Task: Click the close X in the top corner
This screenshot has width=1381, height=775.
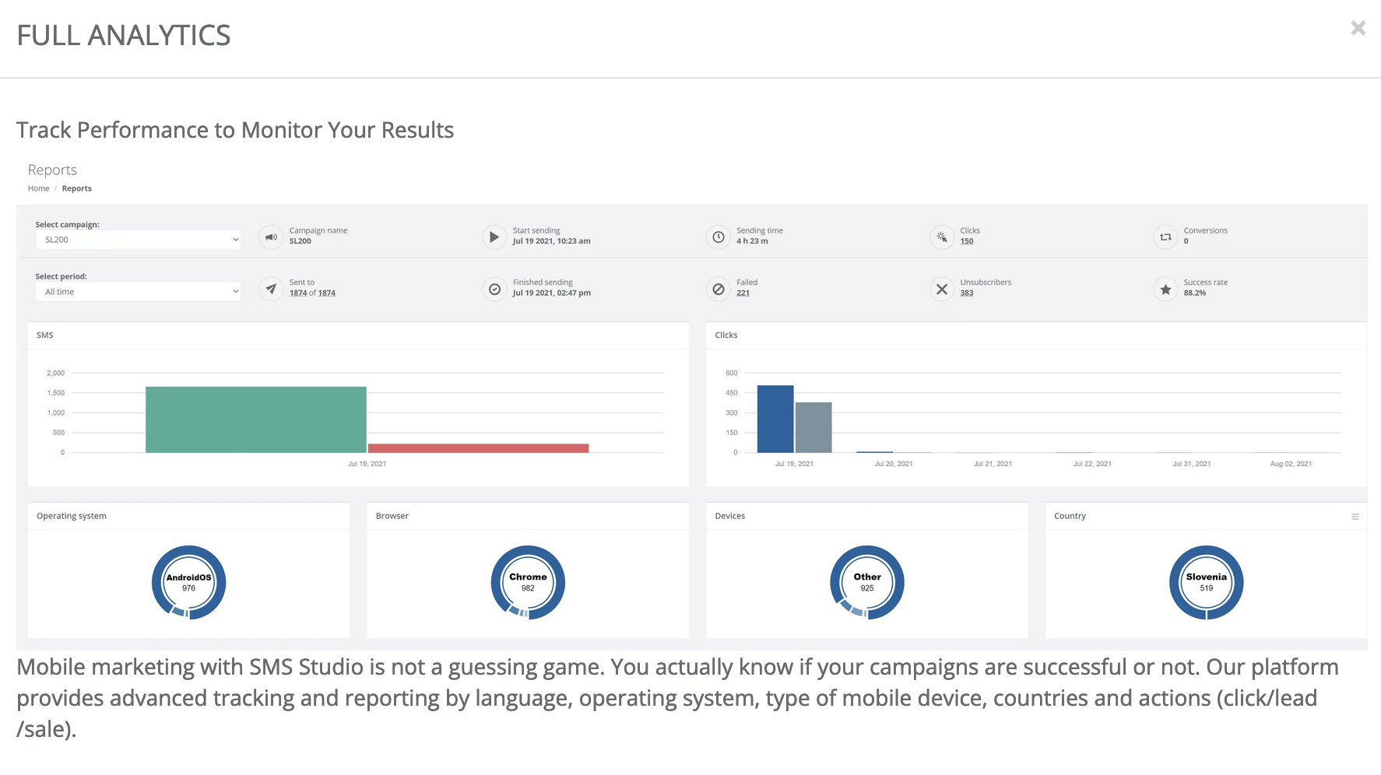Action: (1358, 29)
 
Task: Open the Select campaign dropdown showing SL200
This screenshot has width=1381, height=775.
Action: (138, 240)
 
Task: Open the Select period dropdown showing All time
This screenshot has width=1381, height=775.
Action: (138, 292)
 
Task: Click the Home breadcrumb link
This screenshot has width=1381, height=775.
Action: (38, 188)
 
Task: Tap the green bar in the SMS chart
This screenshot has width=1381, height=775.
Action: (255, 419)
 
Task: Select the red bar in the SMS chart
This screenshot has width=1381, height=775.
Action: (478, 448)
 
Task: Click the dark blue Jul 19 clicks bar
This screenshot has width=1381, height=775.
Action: (775, 419)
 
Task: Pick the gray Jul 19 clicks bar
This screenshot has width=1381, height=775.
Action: (813, 427)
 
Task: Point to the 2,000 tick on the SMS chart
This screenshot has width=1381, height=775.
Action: (56, 373)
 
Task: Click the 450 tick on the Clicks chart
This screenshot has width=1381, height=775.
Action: (732, 393)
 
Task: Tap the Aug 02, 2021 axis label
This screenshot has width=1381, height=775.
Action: (1291, 464)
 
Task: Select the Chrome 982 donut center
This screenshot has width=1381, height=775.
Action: (528, 582)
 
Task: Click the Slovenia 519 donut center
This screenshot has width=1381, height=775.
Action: (1206, 582)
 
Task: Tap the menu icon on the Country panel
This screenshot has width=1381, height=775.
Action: (1355, 517)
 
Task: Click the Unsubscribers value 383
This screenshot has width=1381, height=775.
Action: (967, 293)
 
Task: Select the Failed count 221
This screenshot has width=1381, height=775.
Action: (743, 293)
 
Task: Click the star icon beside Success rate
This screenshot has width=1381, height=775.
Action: (1165, 289)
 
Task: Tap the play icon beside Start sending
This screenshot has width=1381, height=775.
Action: (494, 237)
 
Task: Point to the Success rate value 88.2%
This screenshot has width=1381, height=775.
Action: (1194, 293)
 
